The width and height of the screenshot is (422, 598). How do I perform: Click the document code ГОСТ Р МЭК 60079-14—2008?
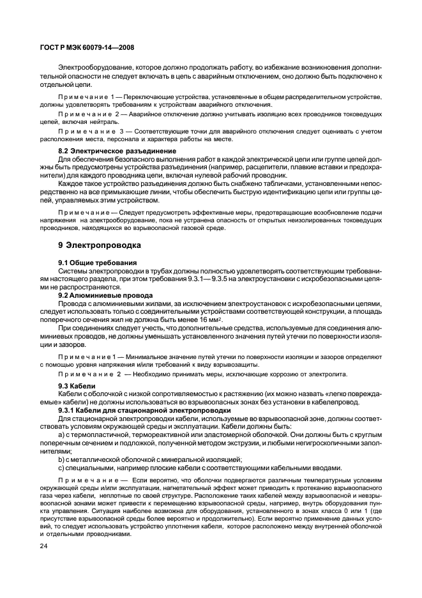tap(86, 47)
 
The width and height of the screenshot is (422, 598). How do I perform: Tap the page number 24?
tap(45, 546)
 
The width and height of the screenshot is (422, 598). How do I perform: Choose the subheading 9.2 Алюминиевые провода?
tap(105, 296)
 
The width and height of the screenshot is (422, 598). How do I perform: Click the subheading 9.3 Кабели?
tap(77, 386)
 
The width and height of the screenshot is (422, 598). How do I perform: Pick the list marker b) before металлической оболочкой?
tap(61, 459)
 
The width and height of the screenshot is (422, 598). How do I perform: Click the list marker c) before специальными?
tap(61, 467)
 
